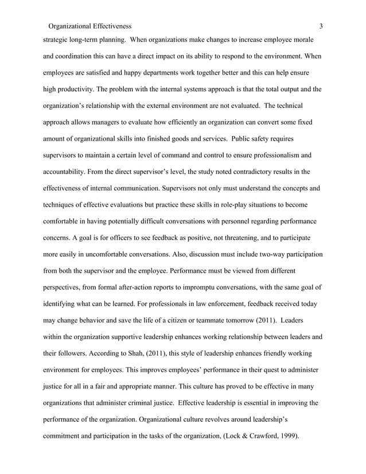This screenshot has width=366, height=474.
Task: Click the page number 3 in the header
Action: pos(321,26)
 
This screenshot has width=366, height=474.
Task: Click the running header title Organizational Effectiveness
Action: pos(91,26)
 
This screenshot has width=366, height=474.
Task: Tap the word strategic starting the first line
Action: pos(58,41)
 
